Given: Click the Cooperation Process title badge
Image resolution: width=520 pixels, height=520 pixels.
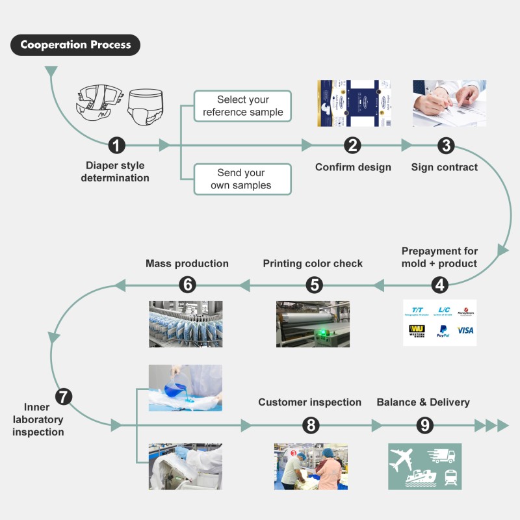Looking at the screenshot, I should coord(75,45).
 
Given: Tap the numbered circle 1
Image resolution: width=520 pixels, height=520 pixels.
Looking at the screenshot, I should coord(116,145).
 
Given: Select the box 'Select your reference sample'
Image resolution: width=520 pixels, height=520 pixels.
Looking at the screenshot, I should coord(242,106).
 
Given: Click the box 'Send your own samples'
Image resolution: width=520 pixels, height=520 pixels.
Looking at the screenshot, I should coord(242,179).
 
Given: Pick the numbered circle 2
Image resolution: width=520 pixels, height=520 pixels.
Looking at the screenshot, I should coord(353,145).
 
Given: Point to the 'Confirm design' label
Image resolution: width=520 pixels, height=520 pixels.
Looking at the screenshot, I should coord(353,167).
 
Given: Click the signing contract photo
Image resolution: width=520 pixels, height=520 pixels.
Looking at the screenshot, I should coord(449,103).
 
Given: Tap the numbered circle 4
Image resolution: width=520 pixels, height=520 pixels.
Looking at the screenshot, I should coord(441,284).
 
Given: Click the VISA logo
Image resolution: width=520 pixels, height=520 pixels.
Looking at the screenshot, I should coord(465,330).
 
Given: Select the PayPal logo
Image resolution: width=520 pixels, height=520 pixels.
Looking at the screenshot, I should coord(442,331).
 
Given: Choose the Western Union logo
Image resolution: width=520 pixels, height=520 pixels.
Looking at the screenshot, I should coord(417,331).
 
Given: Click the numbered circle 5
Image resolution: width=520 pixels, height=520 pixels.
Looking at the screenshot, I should coord(314,284).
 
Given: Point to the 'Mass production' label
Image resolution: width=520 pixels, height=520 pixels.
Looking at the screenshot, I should coord(187,264).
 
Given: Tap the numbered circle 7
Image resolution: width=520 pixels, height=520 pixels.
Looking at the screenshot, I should coord(64,396).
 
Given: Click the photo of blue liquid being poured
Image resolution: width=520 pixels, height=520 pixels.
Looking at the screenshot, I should coord(185,387).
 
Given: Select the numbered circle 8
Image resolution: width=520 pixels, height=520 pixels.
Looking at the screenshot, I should coord(311,425).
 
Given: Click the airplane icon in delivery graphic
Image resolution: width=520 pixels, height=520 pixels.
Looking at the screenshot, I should coord(403,459).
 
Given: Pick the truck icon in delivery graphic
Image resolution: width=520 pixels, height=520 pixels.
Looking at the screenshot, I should coord(441,456).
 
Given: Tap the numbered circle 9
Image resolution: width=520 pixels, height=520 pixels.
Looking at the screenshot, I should coord(424,425).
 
